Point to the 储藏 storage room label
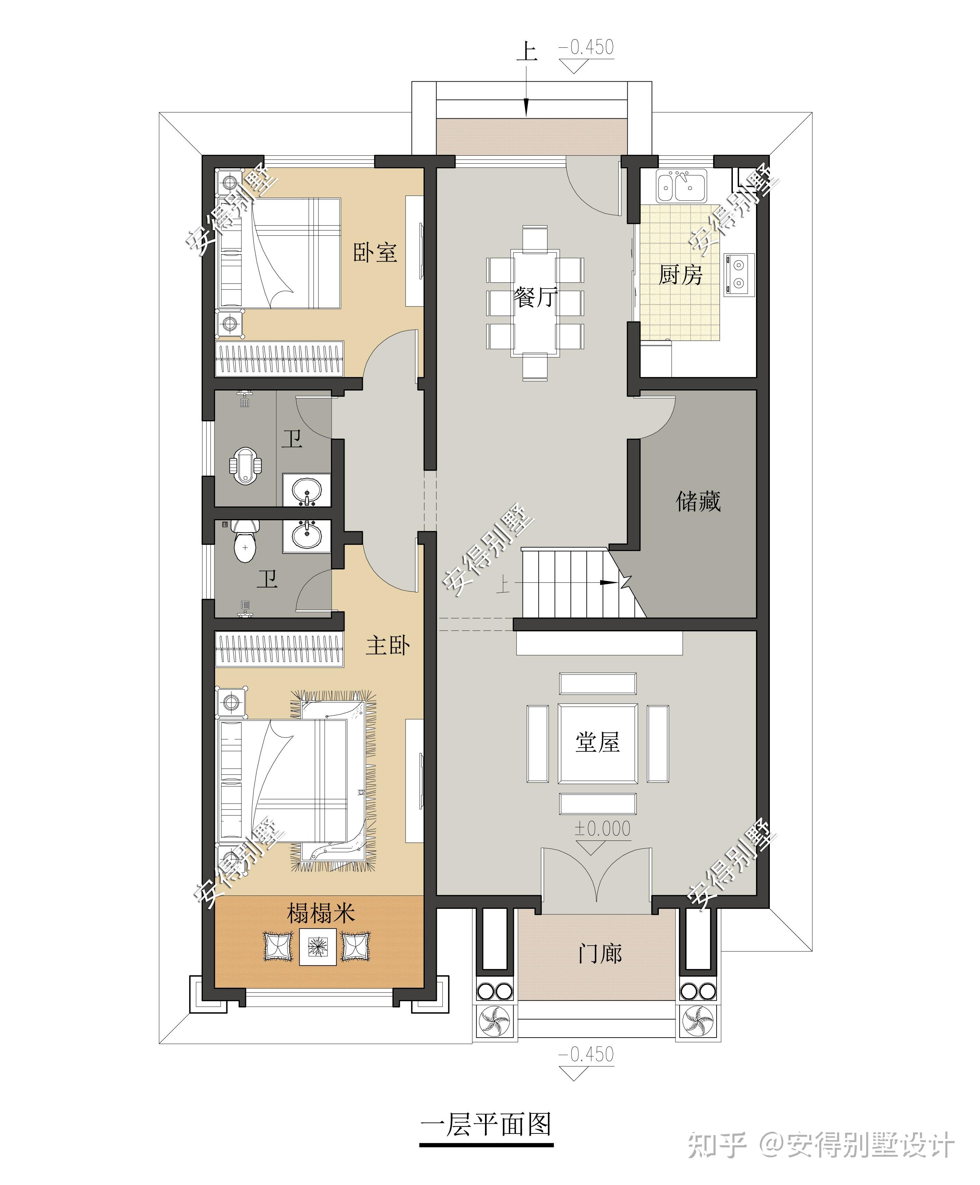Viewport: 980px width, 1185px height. [698, 501]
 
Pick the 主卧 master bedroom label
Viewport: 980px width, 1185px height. [388, 645]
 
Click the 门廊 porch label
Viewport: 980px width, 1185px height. [600, 953]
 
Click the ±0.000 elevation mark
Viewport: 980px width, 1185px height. [602, 828]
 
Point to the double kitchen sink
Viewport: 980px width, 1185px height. [681, 184]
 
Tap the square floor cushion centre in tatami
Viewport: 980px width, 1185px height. [317, 946]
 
